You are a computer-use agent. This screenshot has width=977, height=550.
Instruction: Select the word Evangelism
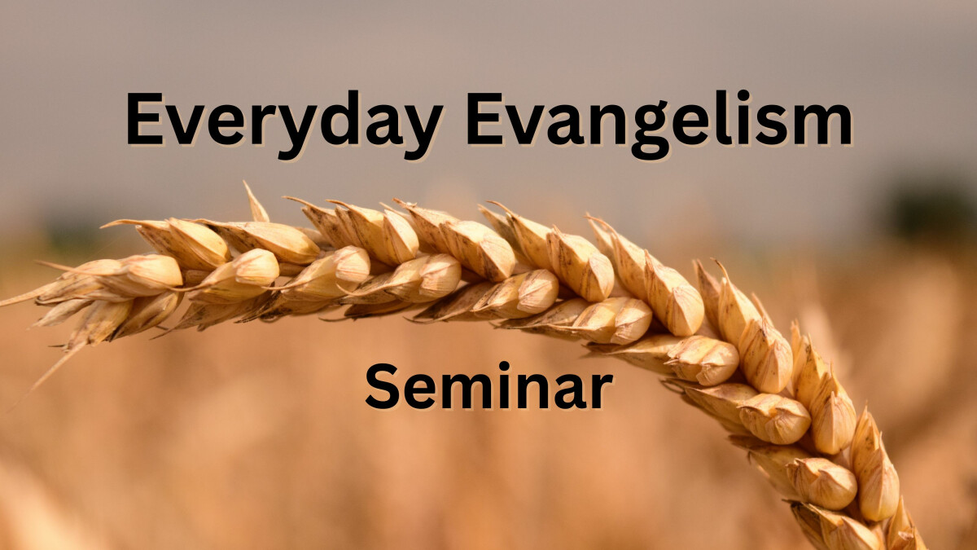pyautogui.click(x=659, y=125)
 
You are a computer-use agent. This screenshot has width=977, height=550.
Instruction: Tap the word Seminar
pyautogui.click(x=489, y=386)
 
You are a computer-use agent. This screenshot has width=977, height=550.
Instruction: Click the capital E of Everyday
pyautogui.click(x=144, y=118)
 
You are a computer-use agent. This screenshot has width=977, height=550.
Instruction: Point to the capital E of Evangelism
pyautogui.click(x=485, y=118)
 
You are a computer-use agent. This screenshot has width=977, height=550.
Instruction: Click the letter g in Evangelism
pyautogui.click(x=651, y=130)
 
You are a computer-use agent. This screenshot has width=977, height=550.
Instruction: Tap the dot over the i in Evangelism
pyautogui.click(x=744, y=95)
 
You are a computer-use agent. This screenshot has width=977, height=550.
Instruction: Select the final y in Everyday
pyautogui.click(x=421, y=132)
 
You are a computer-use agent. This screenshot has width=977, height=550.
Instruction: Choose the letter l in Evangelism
pyautogui.click(x=724, y=117)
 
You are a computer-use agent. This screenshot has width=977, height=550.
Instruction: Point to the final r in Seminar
pyautogui.click(x=601, y=392)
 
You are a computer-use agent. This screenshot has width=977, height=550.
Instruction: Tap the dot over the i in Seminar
pyautogui.click(x=504, y=367)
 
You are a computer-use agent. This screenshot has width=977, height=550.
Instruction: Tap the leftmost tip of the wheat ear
pyautogui.click(x=2, y=305)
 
